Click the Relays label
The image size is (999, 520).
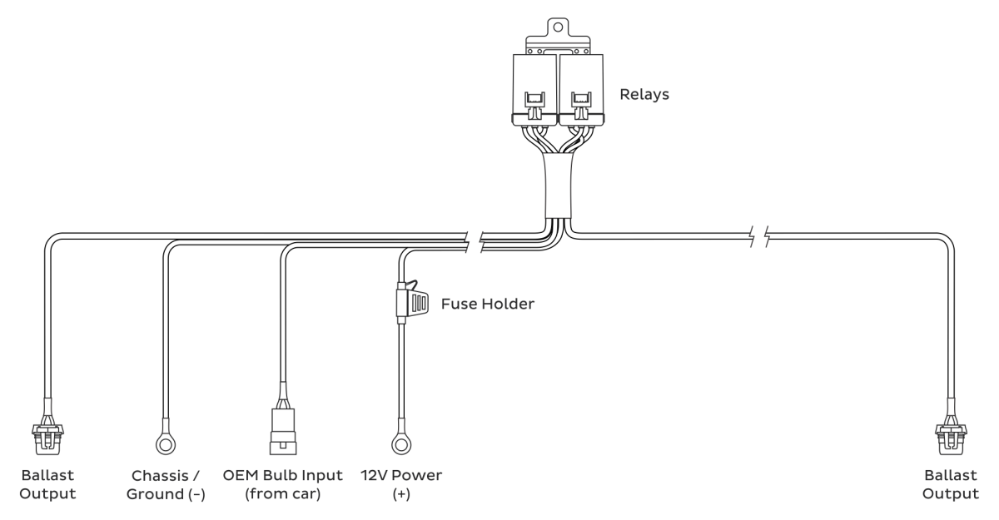point(644,95)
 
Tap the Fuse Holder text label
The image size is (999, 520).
point(488,304)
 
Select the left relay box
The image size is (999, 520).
point(534,89)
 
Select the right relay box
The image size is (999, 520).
point(581,89)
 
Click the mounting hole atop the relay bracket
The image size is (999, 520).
point(558,27)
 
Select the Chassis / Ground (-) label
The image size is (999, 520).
point(166,485)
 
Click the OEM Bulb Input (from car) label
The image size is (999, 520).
point(283,485)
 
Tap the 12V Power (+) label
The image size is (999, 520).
point(401,485)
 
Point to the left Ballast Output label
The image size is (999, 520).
point(47,485)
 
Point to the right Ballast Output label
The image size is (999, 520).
point(951,485)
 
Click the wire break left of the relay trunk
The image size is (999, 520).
point(474,242)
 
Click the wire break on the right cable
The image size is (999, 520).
point(759,236)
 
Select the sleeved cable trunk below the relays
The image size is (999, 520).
point(558,186)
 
